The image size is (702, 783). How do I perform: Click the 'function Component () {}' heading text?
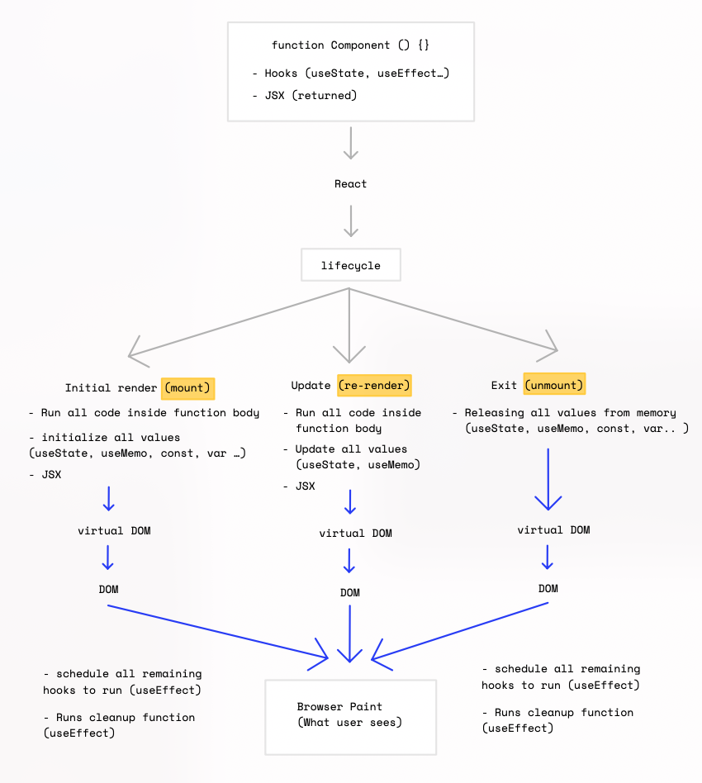tap(350, 45)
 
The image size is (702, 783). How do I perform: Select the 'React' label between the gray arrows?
tap(350, 183)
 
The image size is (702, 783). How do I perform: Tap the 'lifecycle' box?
tap(350, 265)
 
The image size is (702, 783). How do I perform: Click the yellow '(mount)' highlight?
tap(187, 387)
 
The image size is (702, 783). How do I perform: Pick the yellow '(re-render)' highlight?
tap(374, 385)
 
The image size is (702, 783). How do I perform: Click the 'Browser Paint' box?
tap(350, 715)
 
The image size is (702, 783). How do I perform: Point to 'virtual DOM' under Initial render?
tap(114, 530)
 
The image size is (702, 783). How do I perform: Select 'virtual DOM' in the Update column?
tap(355, 533)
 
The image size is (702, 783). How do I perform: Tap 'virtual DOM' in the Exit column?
tap(553, 529)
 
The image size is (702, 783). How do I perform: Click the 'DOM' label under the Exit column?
tap(548, 588)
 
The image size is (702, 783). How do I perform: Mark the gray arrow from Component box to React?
tap(351, 142)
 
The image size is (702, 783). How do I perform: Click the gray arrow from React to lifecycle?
tap(351, 221)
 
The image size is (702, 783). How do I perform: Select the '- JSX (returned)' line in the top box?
tap(305, 95)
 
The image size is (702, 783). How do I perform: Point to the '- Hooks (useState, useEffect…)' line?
tap(350, 74)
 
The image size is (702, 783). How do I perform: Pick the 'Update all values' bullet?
tap(351, 449)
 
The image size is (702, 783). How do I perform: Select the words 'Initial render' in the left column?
tap(111, 387)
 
